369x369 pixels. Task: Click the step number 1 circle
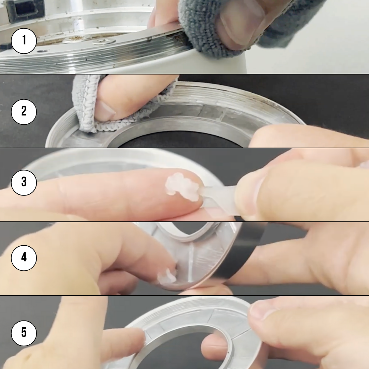(x=24, y=41)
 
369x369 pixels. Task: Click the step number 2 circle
(x=24, y=112)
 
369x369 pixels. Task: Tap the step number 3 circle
(x=24, y=182)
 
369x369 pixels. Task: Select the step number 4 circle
(x=24, y=258)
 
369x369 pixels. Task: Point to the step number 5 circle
(x=24, y=333)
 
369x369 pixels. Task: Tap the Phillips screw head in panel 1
(x=104, y=42)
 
